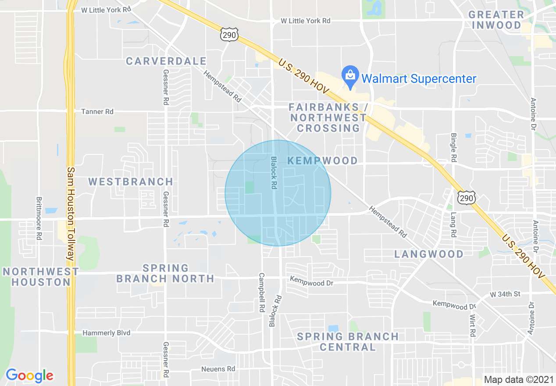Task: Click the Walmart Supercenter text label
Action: pos(418,79)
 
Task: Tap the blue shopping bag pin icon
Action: pos(350,75)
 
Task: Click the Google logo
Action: pos(29,375)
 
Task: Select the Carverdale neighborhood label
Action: pos(166,61)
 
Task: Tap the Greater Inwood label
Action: pos(496,20)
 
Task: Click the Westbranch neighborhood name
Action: pos(131,182)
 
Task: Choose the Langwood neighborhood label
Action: pos(429,254)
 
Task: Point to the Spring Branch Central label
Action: pos(348,342)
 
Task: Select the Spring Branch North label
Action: pos(165,273)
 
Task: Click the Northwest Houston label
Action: pos(41,277)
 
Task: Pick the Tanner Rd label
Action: pos(97,112)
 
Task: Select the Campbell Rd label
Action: pos(262,293)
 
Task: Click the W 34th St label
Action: pos(505,293)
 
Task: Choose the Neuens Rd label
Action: pos(218,369)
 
